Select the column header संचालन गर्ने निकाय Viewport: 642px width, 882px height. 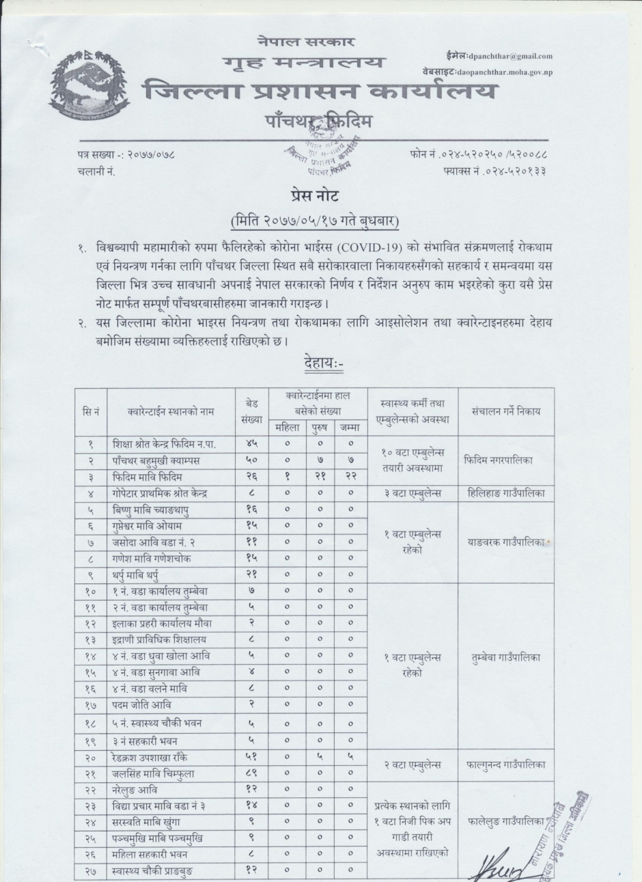point(505,412)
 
